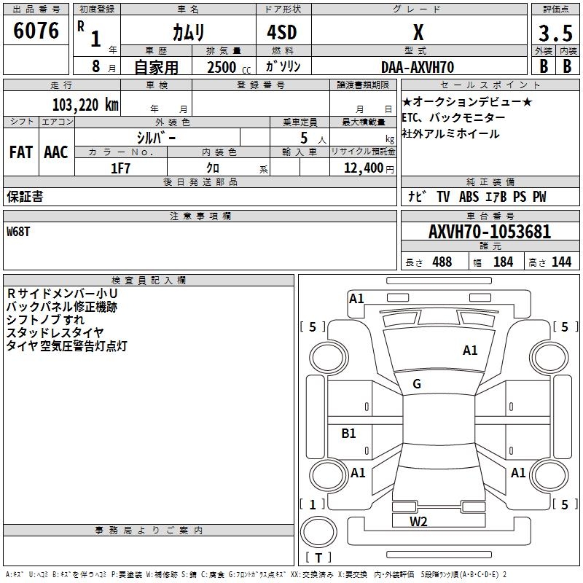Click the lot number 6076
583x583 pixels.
pyautogui.click(x=36, y=31)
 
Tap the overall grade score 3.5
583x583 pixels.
pyautogui.click(x=555, y=34)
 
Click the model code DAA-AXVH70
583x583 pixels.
pyautogui.click(x=418, y=66)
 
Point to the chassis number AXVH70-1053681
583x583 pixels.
pyautogui.click(x=490, y=232)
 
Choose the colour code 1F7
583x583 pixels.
pyautogui.click(x=120, y=168)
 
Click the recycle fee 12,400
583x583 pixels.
pyautogui.click(x=363, y=168)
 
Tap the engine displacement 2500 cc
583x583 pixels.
pyautogui.click(x=222, y=67)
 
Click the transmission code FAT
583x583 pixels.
pyautogui.click(x=20, y=152)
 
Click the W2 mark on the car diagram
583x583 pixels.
pyautogui.click(x=418, y=521)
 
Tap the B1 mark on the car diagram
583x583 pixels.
pyautogui.click(x=348, y=434)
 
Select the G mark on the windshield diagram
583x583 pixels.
pyautogui.click(x=417, y=384)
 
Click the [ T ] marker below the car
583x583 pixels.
pyautogui.click(x=318, y=558)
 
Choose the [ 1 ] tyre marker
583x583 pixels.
pyautogui.click(x=313, y=504)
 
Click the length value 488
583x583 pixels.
pyautogui.click(x=442, y=262)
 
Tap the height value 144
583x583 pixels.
pyautogui.click(x=561, y=262)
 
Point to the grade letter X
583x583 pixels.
pyautogui.click(x=418, y=33)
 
